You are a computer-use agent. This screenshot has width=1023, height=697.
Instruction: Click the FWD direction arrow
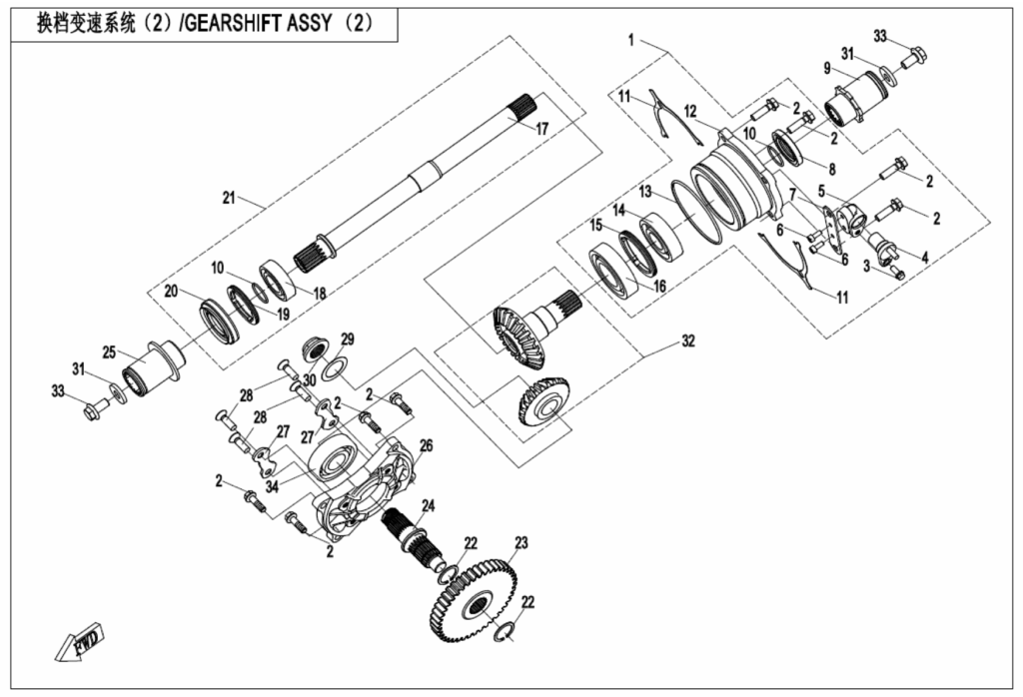pyautogui.click(x=78, y=641)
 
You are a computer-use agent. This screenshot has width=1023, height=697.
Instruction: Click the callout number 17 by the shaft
pyautogui.click(x=542, y=129)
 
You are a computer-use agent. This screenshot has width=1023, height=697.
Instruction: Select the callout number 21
pyautogui.click(x=229, y=198)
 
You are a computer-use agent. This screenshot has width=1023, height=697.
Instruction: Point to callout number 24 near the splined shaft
pyautogui.click(x=428, y=505)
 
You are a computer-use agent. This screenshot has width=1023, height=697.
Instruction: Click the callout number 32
pyautogui.click(x=688, y=341)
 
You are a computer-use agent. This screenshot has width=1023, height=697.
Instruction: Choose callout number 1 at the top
pyautogui.click(x=631, y=40)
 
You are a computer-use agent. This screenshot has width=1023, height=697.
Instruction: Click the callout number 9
pyautogui.click(x=827, y=68)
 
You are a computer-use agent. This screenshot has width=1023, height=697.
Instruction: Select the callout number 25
pyautogui.click(x=109, y=352)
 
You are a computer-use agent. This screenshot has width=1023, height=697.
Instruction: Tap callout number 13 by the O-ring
pyautogui.click(x=645, y=192)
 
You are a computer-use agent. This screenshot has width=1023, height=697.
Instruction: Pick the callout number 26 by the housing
pyautogui.click(x=426, y=446)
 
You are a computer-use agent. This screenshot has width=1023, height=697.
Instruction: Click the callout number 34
pyautogui.click(x=272, y=486)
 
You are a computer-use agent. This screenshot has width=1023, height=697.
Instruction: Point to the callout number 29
pyautogui.click(x=348, y=340)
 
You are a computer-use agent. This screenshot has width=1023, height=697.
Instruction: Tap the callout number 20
pyautogui.click(x=171, y=291)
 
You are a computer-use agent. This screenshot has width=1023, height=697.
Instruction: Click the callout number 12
pyautogui.click(x=690, y=112)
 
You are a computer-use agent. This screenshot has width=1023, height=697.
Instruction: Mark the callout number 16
pyautogui.click(x=659, y=286)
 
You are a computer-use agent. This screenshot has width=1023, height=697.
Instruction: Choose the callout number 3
pyautogui.click(x=866, y=266)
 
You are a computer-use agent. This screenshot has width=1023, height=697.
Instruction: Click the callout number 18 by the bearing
pyautogui.click(x=319, y=294)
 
